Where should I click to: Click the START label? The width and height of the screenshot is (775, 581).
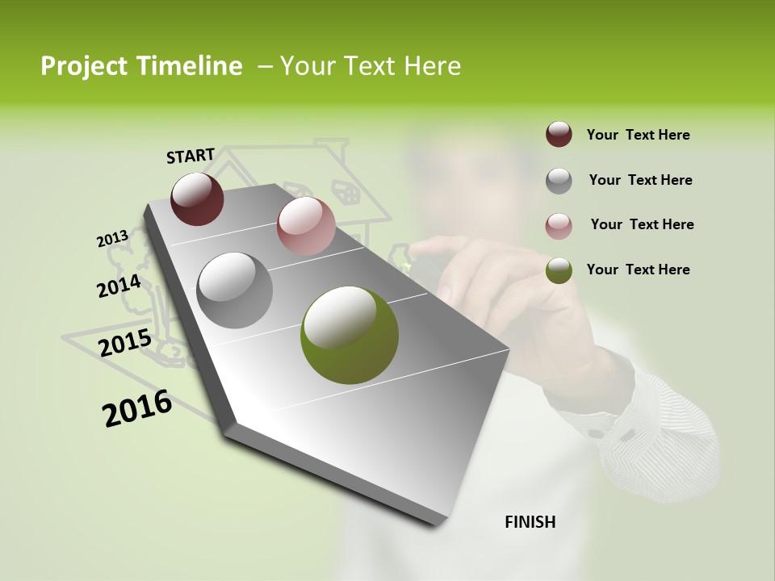click(x=191, y=156)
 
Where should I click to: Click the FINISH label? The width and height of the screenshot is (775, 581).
click(x=530, y=522)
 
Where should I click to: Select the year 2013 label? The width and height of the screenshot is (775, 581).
click(x=112, y=239)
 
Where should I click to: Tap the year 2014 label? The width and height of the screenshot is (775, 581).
click(x=119, y=286)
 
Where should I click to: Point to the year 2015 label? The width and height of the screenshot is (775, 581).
click(x=125, y=343)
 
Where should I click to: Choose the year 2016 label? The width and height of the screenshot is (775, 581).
click(x=137, y=409)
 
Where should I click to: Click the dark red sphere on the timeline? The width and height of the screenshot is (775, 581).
click(x=197, y=199)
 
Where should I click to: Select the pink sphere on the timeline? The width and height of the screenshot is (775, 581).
click(x=306, y=226)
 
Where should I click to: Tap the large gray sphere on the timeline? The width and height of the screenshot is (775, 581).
click(x=235, y=290)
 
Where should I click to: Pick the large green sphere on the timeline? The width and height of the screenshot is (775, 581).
click(x=350, y=335)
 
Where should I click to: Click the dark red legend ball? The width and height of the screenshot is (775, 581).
click(x=559, y=135)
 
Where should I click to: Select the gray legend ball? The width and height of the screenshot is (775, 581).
click(x=559, y=181)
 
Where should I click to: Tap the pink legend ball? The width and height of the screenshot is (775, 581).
click(x=559, y=226)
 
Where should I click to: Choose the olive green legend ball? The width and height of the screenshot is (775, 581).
click(x=559, y=271)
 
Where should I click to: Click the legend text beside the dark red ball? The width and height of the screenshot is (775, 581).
click(x=638, y=135)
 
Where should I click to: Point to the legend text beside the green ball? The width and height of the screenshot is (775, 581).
click(x=638, y=270)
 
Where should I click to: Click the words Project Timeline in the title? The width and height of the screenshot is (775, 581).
click(x=141, y=66)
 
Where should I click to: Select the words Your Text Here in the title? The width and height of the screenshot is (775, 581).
click(x=371, y=66)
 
